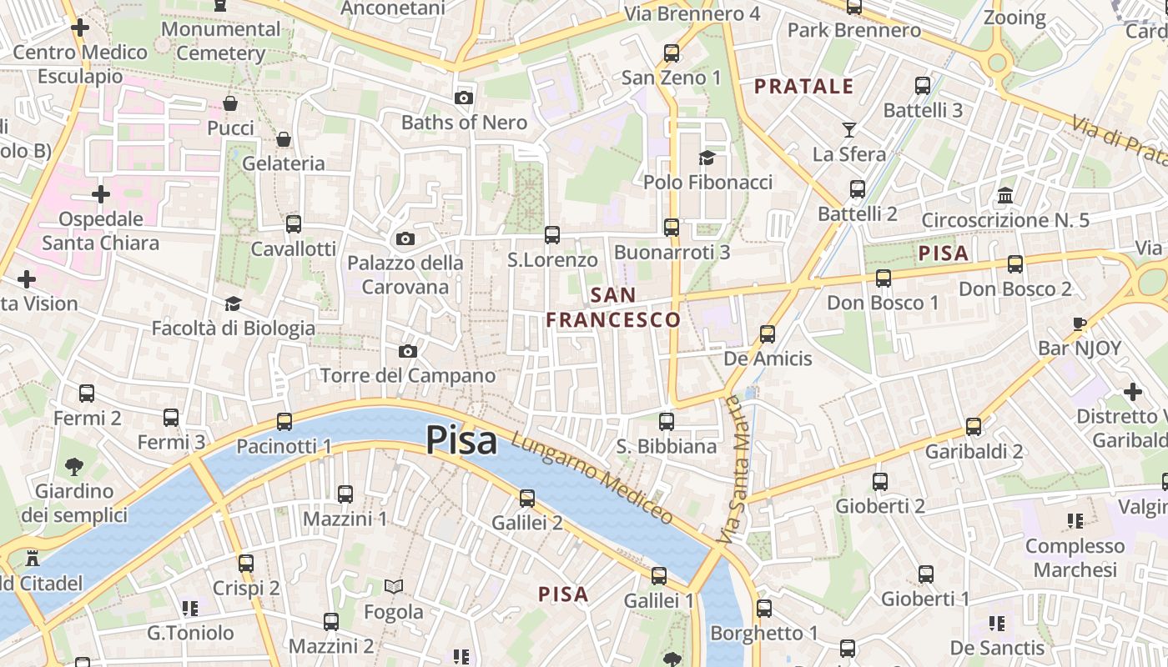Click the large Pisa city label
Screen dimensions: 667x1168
461,440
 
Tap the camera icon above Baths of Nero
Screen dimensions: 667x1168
464,98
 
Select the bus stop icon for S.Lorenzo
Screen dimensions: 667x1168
552,235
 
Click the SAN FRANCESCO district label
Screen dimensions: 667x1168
613,307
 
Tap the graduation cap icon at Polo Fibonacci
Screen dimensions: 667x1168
707,158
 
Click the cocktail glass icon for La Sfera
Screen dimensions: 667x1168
849,129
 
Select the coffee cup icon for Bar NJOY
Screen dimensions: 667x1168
1080,323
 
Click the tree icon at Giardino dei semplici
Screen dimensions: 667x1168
74,466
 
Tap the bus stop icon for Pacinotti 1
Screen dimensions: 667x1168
284,421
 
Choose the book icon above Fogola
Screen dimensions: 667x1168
394,587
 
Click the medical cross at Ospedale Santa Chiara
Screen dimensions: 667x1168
101,194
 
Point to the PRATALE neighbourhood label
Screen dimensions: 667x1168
804,86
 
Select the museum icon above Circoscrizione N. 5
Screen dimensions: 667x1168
1005,196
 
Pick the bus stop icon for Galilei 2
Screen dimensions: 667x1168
527,498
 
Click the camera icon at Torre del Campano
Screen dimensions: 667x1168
408,351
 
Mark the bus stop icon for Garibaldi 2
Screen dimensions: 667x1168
974,426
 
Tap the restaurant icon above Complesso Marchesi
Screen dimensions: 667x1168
1075,521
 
